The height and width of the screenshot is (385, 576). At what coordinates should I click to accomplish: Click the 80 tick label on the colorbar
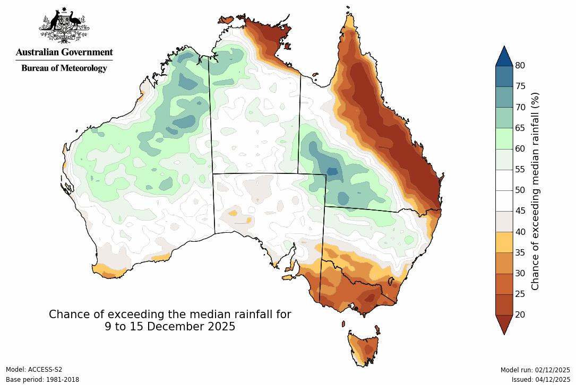[520, 66]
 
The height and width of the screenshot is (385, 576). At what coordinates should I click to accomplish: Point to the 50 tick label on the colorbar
[520, 190]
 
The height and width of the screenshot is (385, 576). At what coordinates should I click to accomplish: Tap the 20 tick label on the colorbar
[520, 314]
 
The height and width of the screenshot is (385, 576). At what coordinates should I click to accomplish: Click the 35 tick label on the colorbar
[520, 252]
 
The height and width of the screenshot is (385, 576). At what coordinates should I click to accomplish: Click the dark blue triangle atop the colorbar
[504, 56]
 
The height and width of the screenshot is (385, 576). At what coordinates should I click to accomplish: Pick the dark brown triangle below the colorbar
[504, 323]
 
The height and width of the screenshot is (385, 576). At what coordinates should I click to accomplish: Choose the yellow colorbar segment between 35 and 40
[504, 242]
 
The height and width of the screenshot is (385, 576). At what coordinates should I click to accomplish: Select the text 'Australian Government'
[64, 52]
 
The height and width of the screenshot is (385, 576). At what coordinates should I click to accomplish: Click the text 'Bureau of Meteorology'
[64, 68]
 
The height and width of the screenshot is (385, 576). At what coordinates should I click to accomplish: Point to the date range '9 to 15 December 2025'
[170, 327]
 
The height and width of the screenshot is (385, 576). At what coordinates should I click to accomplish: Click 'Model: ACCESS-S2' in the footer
[34, 370]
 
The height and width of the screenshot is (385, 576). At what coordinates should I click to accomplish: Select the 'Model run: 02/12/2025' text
[535, 370]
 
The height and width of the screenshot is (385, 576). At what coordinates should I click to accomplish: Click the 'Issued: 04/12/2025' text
[540, 380]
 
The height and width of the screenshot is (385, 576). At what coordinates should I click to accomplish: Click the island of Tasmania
[364, 348]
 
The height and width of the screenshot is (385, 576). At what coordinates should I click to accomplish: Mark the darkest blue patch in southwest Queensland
[332, 171]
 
